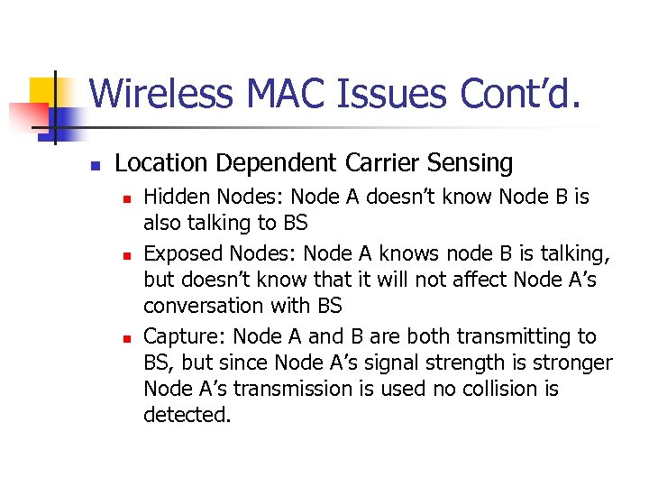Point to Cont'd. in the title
pyautogui.click(x=520, y=94)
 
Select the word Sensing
pyautogui.click(x=472, y=163)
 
